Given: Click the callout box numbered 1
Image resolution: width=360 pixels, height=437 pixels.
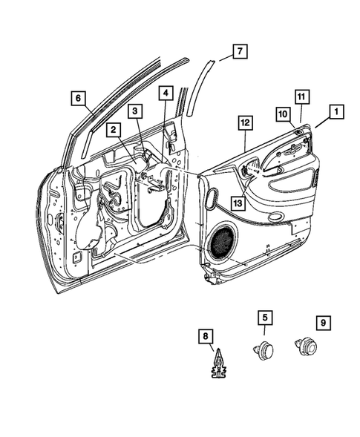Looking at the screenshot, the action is [336, 112].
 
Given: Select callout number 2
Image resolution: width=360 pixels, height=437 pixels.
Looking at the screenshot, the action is [114, 130].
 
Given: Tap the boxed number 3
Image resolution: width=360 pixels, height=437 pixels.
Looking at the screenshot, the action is [135, 111].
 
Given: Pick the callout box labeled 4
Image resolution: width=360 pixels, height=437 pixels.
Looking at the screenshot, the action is [166, 93].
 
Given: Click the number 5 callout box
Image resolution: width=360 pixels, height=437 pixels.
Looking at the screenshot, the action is [265, 318].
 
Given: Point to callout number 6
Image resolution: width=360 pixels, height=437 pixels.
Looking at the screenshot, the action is [78, 98].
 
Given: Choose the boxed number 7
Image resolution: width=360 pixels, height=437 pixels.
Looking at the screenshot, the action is [240, 51].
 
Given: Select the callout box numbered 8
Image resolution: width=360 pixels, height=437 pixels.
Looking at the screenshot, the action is [206, 336].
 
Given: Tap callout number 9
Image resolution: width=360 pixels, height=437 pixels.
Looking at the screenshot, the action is [323, 323].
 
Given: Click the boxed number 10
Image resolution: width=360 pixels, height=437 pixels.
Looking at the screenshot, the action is [284, 114].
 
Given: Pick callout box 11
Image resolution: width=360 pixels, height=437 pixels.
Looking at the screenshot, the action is [301, 96].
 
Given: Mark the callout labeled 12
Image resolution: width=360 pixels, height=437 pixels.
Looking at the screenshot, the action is [246, 123].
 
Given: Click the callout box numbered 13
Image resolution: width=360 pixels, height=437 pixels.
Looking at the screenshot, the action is [238, 203].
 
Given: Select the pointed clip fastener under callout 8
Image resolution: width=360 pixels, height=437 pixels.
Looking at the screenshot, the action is [219, 364].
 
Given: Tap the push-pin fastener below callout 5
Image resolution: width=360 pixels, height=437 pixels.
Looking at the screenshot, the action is [264, 350].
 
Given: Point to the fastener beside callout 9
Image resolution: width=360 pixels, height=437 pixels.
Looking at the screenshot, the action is [306, 347].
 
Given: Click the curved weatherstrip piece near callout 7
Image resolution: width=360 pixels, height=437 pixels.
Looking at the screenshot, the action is [200, 88].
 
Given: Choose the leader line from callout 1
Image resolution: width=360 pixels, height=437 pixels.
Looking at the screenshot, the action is [323, 123].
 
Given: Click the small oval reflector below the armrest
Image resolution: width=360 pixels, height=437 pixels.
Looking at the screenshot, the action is [275, 217].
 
